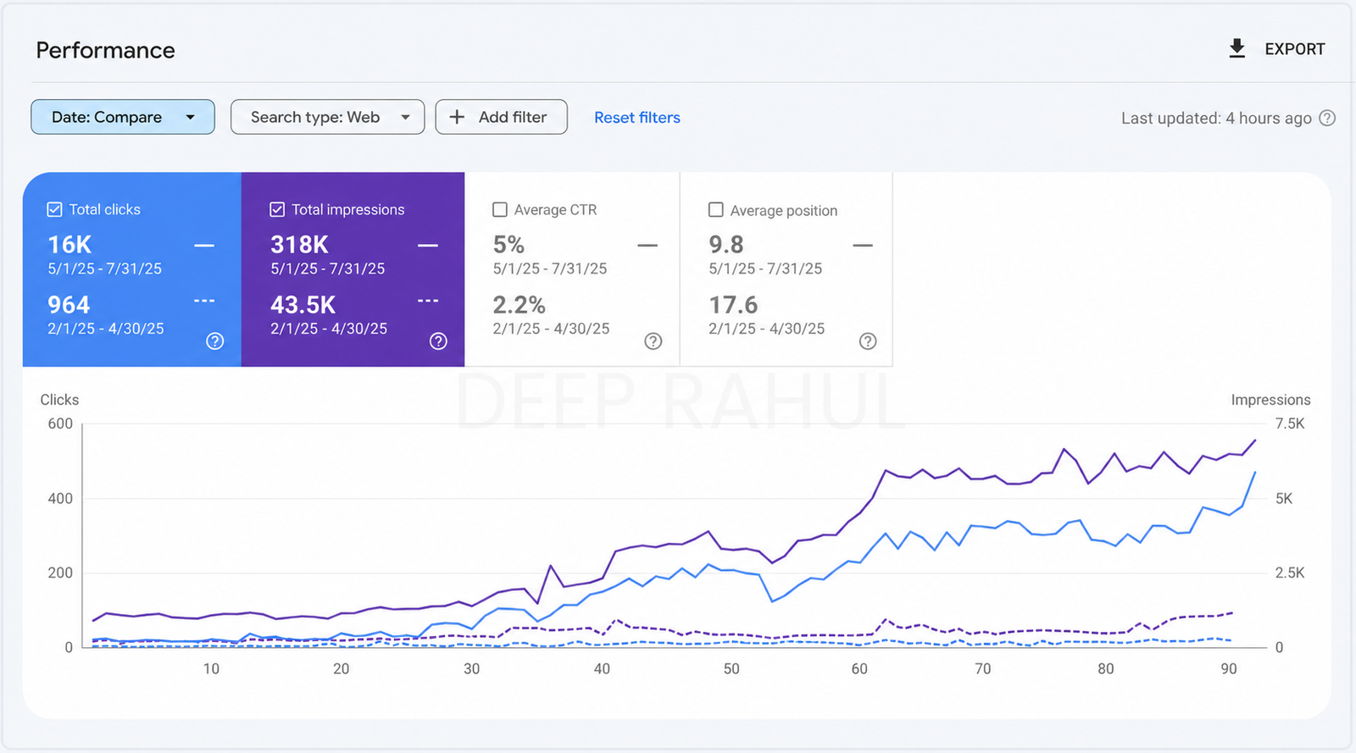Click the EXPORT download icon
(x=1237, y=48)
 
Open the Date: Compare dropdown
(x=123, y=117)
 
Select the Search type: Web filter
(x=327, y=117)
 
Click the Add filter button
(x=501, y=117)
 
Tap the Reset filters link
(x=636, y=118)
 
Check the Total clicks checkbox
(x=54, y=209)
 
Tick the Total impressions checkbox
(x=277, y=209)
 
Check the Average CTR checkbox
(x=499, y=209)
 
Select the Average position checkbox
(x=715, y=209)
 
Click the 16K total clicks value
(x=69, y=245)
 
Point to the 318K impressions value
(x=299, y=245)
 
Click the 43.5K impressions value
(x=303, y=305)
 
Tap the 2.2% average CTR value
(x=519, y=305)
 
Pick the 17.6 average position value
(x=733, y=305)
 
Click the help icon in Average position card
(x=868, y=341)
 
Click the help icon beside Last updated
(x=1327, y=118)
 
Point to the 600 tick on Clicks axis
(x=60, y=424)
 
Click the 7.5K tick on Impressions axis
(x=1290, y=424)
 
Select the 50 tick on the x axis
(x=731, y=668)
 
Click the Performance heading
(x=105, y=50)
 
